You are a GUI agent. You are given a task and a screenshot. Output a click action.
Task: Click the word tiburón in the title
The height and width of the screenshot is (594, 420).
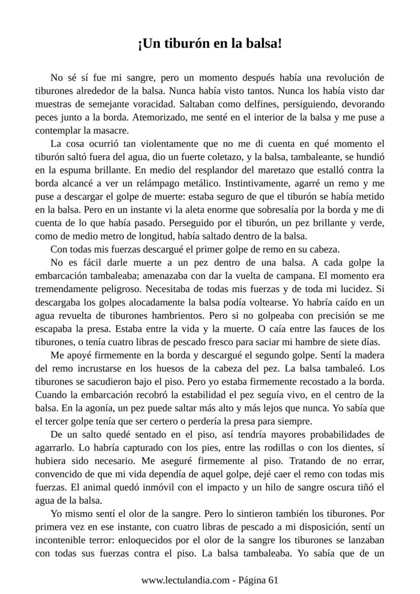coord(175,45)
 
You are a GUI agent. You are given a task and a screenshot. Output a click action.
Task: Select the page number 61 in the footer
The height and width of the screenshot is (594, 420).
coord(273,580)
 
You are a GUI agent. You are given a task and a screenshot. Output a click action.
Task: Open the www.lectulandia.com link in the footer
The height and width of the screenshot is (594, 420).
coord(185,580)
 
